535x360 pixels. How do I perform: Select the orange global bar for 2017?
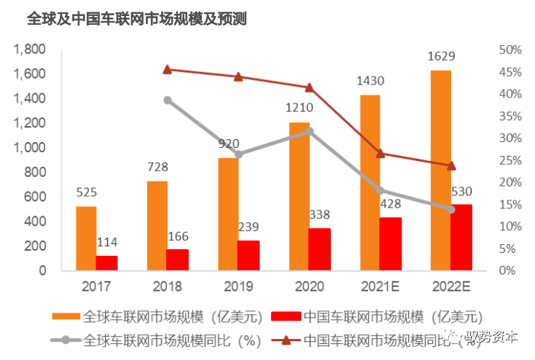coord(86,238)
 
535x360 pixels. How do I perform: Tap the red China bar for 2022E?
coord(461,238)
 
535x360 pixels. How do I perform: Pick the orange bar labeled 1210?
coord(300,196)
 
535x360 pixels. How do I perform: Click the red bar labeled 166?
coord(177,259)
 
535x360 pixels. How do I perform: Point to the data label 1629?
coord(441,56)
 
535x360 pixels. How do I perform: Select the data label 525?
coord(86,192)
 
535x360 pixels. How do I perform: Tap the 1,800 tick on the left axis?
coord(31,50)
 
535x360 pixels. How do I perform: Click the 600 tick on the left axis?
coord(36,197)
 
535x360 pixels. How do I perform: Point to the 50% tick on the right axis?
coord(510,50)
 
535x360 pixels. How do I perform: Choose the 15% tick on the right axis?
coord(510,205)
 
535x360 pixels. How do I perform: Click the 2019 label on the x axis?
coord(238,286)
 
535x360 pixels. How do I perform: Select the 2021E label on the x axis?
coord(380,286)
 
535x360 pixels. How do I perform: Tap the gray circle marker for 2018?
coord(168,101)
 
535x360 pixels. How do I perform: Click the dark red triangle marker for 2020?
coord(310,87)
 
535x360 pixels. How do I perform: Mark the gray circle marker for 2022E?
coord(450,210)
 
